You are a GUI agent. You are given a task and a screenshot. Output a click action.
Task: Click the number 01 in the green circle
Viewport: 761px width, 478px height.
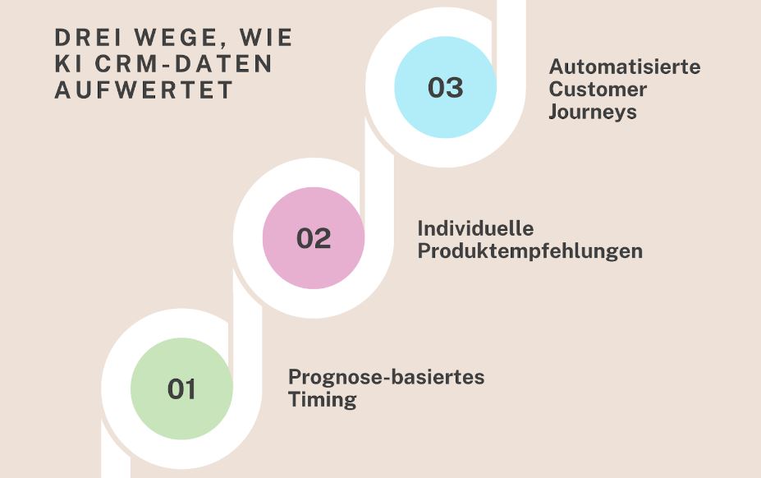(x=181, y=388)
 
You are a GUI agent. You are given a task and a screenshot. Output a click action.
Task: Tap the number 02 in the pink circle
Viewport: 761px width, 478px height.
(x=314, y=238)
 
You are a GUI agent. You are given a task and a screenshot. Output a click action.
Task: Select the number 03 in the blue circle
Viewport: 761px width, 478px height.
(x=446, y=87)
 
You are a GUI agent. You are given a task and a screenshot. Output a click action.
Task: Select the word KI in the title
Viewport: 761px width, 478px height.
(x=67, y=64)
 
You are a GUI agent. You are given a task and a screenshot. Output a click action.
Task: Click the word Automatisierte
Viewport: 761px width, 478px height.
(x=625, y=67)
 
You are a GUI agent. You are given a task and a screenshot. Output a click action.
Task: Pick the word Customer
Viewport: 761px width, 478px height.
(x=598, y=89)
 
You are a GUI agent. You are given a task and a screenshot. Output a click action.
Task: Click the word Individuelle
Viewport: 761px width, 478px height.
(x=475, y=228)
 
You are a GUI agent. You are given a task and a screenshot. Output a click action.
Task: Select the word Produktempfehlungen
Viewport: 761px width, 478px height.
(x=529, y=251)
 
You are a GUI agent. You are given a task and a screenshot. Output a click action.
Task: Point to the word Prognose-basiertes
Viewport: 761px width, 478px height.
(x=386, y=377)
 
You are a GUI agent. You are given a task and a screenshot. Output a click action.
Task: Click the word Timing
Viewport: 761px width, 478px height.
(x=322, y=400)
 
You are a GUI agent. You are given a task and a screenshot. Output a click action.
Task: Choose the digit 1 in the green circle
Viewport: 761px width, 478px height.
(x=190, y=388)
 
